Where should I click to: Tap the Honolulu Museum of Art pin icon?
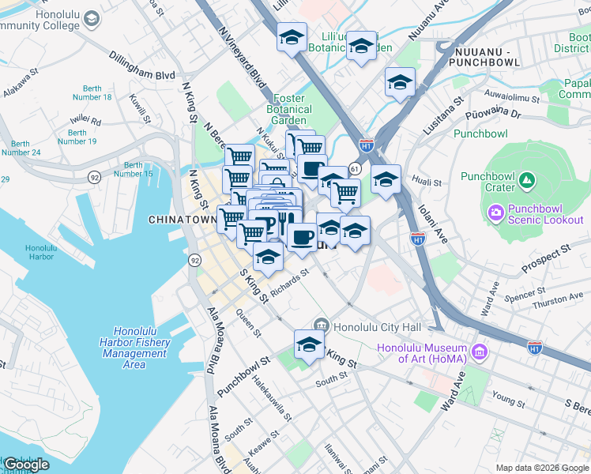coord(478,350)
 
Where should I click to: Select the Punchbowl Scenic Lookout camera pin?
coord(496,212)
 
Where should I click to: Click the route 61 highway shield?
coord(355,169)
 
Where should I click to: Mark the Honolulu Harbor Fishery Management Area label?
coord(134,348)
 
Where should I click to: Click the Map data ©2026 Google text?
coord(542,468)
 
